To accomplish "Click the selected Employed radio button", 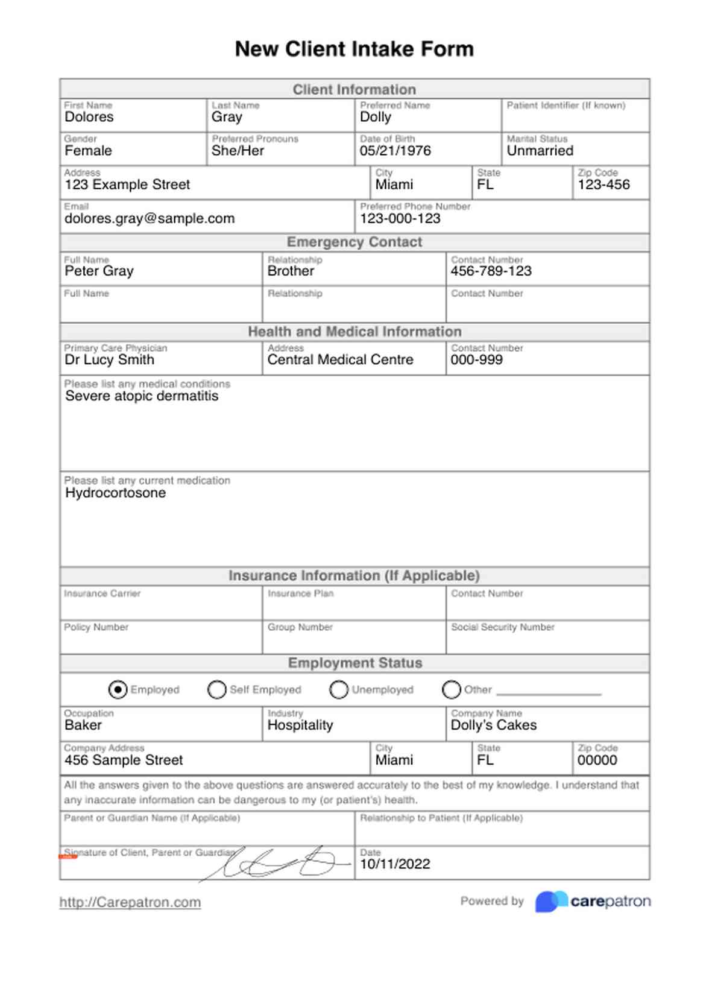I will coord(118,689).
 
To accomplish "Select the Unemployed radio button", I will coord(339,689).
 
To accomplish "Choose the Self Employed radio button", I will coord(216,689).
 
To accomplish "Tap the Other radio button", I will coord(451,689).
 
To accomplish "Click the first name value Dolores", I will coord(89,117).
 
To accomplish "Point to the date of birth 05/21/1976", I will coord(395,151).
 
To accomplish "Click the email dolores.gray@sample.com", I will coord(150,218).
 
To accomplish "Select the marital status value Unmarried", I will coord(540,151).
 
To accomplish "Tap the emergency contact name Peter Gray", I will coord(99,271).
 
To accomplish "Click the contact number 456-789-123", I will coord(491,271).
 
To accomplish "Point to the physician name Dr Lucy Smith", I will coord(109,360).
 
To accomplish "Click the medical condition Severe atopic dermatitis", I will coord(142,396).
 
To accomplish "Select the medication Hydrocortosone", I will coord(115,493).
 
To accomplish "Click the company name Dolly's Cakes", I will coord(493,725).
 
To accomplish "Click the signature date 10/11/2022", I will coord(395,864).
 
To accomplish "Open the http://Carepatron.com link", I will coord(130,902).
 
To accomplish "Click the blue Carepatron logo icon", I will coord(550,902).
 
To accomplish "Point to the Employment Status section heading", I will coord(354,663).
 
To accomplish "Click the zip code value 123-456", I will coord(603,185).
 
